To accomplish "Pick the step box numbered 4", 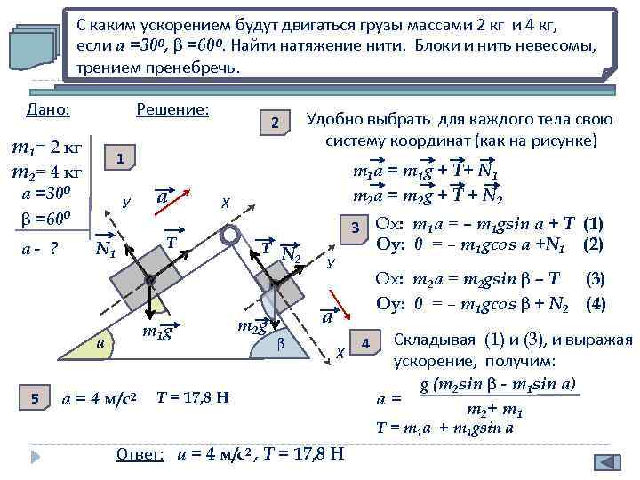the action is click(x=365, y=343).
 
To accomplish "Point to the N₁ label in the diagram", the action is click(x=106, y=252).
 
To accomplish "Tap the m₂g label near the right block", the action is click(x=253, y=326).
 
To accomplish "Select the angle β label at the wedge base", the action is click(x=281, y=341).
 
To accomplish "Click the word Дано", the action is click(x=48, y=109).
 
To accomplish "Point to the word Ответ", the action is click(x=140, y=454).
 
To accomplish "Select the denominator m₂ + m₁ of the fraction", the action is click(x=493, y=411).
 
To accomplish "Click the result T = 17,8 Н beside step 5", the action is click(x=192, y=396).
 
